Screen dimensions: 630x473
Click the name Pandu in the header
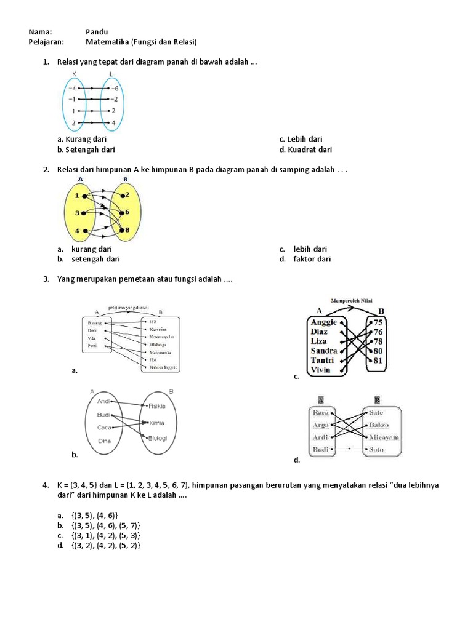coord(97,31)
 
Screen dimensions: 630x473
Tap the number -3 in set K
coord(71,88)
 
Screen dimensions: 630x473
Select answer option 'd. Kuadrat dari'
coord(305,150)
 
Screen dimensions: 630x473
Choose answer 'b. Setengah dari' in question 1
coord(86,150)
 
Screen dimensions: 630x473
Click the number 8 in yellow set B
coord(126,230)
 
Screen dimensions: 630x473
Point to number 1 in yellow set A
coord(76,196)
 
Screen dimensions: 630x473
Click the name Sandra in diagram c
coord(324,351)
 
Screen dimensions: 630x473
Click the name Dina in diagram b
coord(105,441)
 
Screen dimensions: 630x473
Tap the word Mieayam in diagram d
coord(384,437)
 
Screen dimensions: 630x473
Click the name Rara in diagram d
coord(321,413)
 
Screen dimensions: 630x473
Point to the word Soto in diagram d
coord(376,450)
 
